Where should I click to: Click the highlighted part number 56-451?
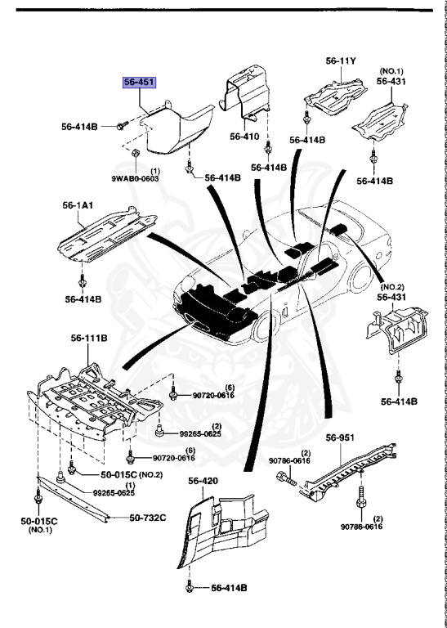point(138,82)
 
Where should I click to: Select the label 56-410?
point(244,137)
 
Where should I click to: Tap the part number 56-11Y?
point(342,61)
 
